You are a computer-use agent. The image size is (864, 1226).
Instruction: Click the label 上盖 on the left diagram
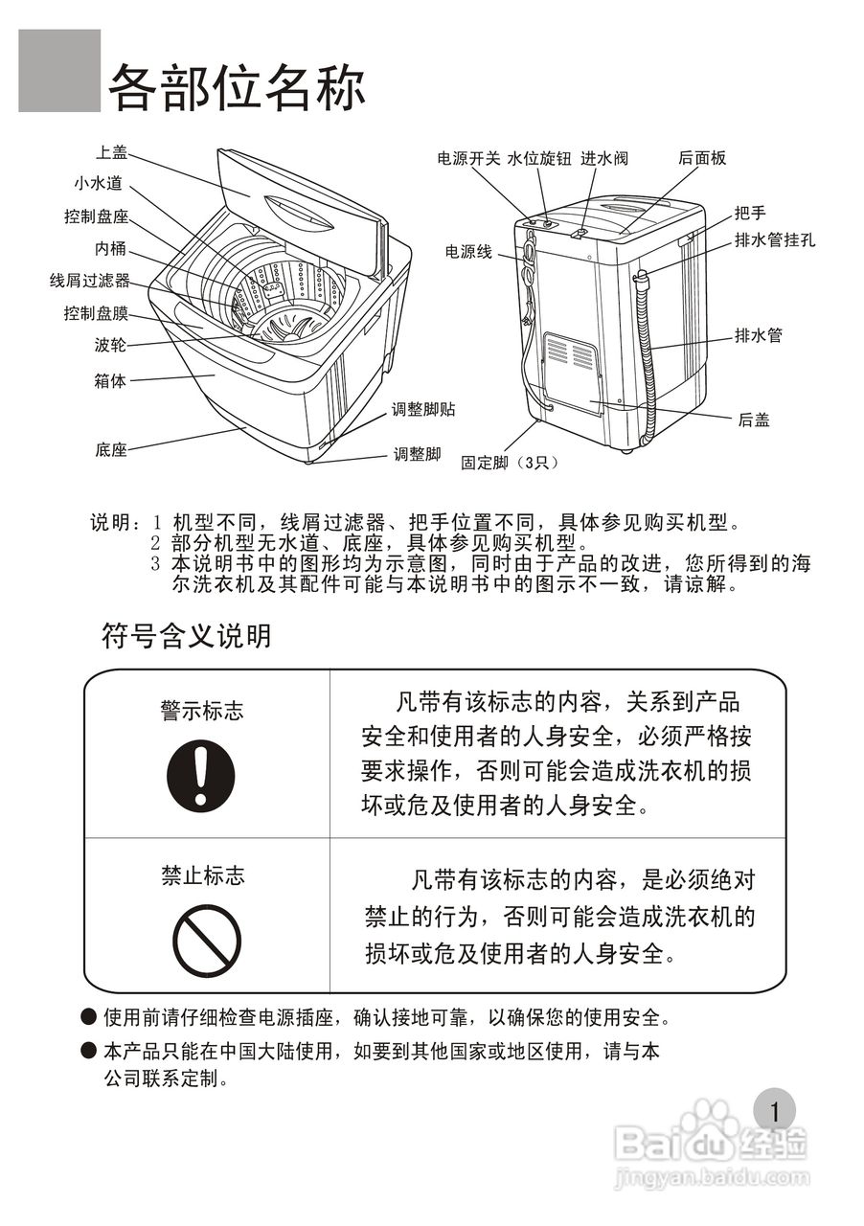click(x=111, y=151)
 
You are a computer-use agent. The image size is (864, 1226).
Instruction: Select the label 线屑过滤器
click(x=89, y=281)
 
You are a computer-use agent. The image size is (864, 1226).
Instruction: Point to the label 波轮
click(x=110, y=346)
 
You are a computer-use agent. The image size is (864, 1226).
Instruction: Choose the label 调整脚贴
click(x=423, y=410)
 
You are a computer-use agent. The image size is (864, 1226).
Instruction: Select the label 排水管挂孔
click(x=775, y=240)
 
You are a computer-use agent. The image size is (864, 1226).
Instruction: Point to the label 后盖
click(x=754, y=420)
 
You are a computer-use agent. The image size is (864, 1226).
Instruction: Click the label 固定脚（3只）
click(x=508, y=462)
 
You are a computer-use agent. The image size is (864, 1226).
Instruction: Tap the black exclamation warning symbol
click(x=200, y=776)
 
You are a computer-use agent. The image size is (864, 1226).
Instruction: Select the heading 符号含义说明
click(x=187, y=635)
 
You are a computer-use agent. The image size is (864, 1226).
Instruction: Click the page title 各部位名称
click(x=236, y=88)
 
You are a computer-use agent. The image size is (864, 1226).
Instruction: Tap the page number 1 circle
click(x=774, y=1111)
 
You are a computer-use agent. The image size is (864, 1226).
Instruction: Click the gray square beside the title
click(x=59, y=71)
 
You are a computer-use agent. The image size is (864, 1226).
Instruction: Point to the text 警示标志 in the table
click(x=201, y=711)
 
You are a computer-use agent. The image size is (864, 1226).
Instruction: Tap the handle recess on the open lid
click(x=299, y=211)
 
